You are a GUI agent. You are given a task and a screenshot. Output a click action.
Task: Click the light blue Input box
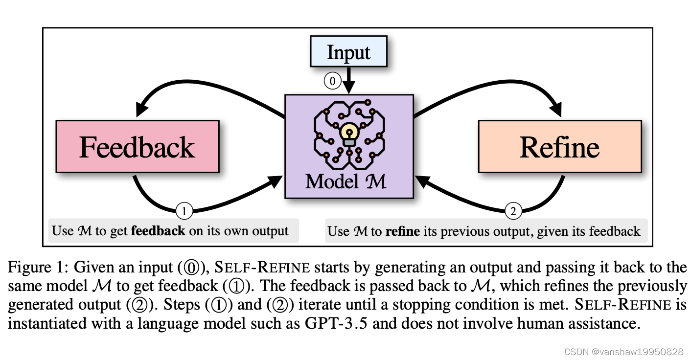point(348,52)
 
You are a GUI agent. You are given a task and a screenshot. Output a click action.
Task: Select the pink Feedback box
point(138,146)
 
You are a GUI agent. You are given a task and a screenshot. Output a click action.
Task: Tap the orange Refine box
point(559,146)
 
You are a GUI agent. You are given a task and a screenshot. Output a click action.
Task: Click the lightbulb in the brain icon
point(349,133)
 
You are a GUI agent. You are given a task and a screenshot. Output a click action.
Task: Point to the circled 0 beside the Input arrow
point(332,81)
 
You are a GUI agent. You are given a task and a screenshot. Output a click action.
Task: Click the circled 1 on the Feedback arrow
point(184,211)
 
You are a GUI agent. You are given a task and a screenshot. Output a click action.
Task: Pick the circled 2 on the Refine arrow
point(513,211)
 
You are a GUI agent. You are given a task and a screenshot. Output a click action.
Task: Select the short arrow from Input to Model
point(348,80)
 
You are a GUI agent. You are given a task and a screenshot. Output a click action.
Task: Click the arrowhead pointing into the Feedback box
point(142,108)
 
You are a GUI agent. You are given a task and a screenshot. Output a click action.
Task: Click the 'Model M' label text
point(346,182)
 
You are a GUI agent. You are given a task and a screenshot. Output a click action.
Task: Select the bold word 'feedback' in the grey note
point(158,231)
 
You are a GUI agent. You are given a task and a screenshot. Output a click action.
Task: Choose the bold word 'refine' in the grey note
point(403,231)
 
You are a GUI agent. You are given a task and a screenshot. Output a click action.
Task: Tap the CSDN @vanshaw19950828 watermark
point(623,351)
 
